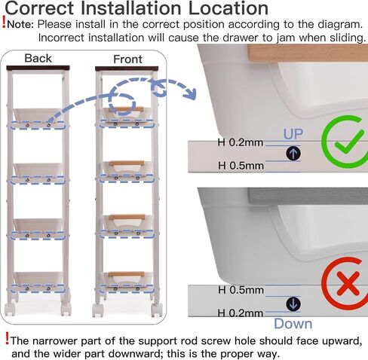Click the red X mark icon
tap(348, 283)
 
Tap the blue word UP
tap(293, 134)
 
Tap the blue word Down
tap(293, 324)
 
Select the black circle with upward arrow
tap(293, 153)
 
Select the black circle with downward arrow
tap(293, 304)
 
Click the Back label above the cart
tap(38, 59)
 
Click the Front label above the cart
tap(127, 59)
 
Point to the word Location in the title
tap(228, 8)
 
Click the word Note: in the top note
tap(20, 25)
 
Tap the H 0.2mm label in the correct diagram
tap(241, 142)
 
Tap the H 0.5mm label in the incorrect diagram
tap(241, 290)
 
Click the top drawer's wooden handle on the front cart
tap(126, 109)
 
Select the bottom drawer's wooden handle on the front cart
tap(127, 274)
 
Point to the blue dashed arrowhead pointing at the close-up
tap(190, 94)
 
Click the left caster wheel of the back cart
tap(11, 309)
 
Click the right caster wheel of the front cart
tap(157, 310)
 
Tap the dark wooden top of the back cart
tap(38, 68)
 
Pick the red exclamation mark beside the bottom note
tap(8, 338)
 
